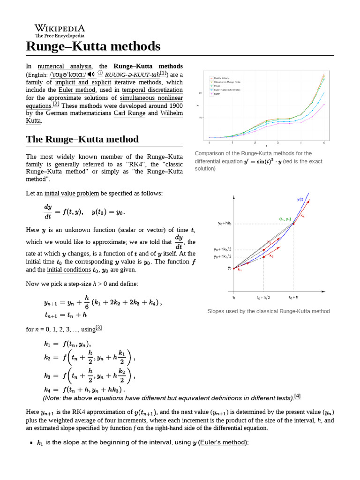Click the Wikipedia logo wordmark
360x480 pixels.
pyautogui.click(x=60, y=29)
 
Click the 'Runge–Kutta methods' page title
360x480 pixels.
pyautogui.click(x=93, y=46)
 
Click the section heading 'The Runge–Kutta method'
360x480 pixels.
pyautogui.click(x=82, y=139)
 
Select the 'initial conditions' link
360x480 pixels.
pyautogui.click(x=68, y=270)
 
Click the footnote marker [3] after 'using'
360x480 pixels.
pyautogui.click(x=98, y=328)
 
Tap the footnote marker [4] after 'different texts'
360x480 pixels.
pyautogui.click(x=297, y=397)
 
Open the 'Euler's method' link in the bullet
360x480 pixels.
pyautogui.click(x=223, y=442)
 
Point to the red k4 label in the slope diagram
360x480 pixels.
pyautogui.click(x=303, y=216)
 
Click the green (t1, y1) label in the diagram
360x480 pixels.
pyautogui.click(x=285, y=219)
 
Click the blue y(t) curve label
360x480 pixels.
pyautogui.click(x=300, y=199)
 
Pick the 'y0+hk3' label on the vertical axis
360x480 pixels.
pyautogui.click(x=225, y=224)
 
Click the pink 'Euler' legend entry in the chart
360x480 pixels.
pyautogui.click(x=217, y=94)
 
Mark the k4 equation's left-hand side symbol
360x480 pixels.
pyautogui.click(x=47, y=389)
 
